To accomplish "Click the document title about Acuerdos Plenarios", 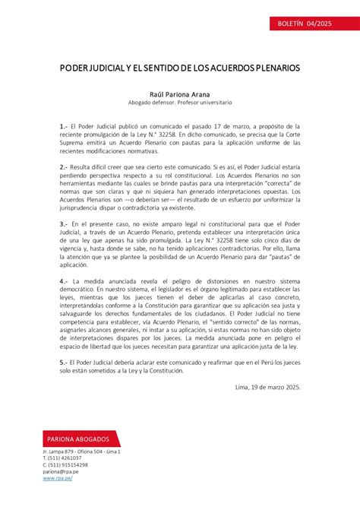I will coord(180,68).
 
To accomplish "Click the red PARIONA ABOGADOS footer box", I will coord(77,439).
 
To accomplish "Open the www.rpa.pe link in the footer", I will coord(58,480).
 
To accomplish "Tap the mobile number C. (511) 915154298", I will coord(65,465).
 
